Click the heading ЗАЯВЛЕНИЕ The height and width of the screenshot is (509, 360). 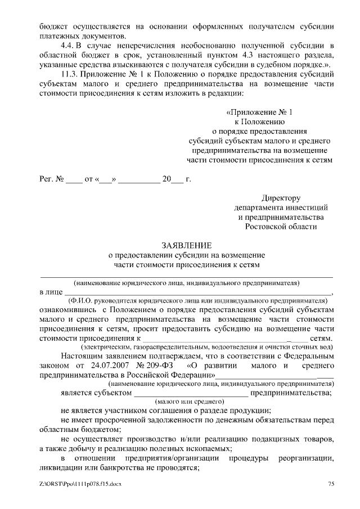(187, 246)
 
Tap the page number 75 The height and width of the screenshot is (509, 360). (331, 484)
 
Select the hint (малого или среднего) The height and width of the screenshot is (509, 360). (189, 402)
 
